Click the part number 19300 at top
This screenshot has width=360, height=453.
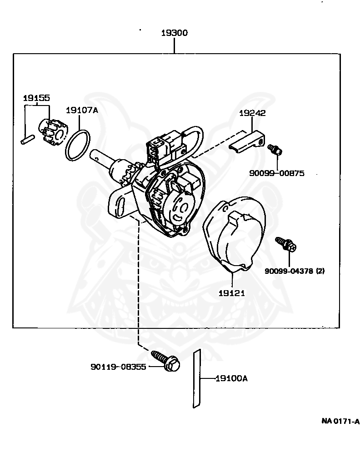(x=175, y=33)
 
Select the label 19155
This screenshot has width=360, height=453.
(x=36, y=98)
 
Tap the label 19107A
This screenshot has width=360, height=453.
(x=82, y=110)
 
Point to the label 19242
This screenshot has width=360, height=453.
(x=252, y=113)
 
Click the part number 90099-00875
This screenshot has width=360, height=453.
(x=276, y=173)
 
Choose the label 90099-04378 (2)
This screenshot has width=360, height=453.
(x=295, y=271)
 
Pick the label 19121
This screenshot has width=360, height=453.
(x=231, y=293)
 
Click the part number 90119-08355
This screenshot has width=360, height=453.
(x=118, y=367)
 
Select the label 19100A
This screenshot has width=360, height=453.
(x=231, y=378)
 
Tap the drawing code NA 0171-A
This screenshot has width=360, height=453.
(x=340, y=421)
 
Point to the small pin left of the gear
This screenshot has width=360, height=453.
(x=28, y=139)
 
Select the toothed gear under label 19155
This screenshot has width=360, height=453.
(x=53, y=131)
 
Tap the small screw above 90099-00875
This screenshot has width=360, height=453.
(x=275, y=149)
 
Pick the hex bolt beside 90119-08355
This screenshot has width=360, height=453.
(x=166, y=360)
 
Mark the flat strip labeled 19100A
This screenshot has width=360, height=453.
(x=197, y=378)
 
